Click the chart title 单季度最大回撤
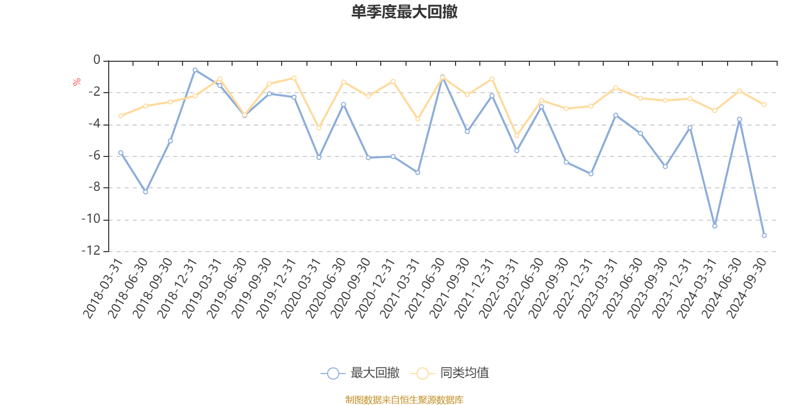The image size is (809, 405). click(x=404, y=12)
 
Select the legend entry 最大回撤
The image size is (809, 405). click(x=360, y=373)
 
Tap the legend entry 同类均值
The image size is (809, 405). click(x=450, y=373)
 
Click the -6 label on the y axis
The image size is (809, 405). click(x=95, y=156)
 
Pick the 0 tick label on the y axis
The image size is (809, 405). click(x=97, y=61)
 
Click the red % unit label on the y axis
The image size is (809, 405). click(x=77, y=82)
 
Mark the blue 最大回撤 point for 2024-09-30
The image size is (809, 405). click(x=764, y=235)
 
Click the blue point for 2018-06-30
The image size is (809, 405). click(x=146, y=192)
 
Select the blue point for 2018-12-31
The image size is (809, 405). click(x=195, y=70)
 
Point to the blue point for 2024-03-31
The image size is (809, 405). click(x=714, y=226)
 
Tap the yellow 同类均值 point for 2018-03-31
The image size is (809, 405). click(x=121, y=116)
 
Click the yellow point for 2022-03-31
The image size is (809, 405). click(x=516, y=136)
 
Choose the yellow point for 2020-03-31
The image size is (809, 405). click(x=319, y=128)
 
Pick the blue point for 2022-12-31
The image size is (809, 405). click(x=591, y=174)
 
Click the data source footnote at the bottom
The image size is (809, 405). click(x=404, y=400)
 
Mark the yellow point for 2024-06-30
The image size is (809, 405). click(x=739, y=91)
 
